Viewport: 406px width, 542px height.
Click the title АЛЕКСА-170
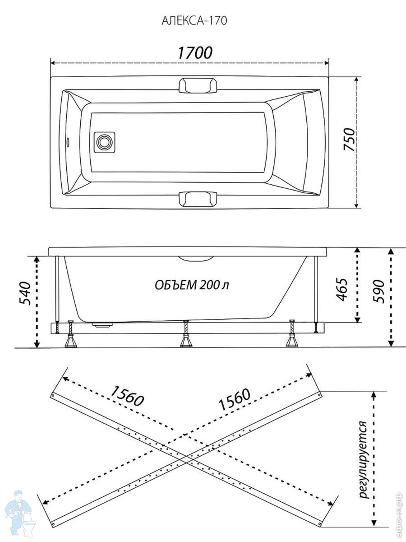(194, 21)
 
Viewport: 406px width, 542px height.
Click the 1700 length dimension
(195, 52)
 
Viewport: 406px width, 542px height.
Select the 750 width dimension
(349, 139)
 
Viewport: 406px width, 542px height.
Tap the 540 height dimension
(25, 293)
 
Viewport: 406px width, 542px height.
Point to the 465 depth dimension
(341, 290)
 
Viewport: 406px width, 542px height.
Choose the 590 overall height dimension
(378, 291)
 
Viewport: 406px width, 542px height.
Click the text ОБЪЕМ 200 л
(192, 285)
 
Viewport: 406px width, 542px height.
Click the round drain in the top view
(105, 142)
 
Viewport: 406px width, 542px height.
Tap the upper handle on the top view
(198, 86)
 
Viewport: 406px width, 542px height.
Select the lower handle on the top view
(198, 199)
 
